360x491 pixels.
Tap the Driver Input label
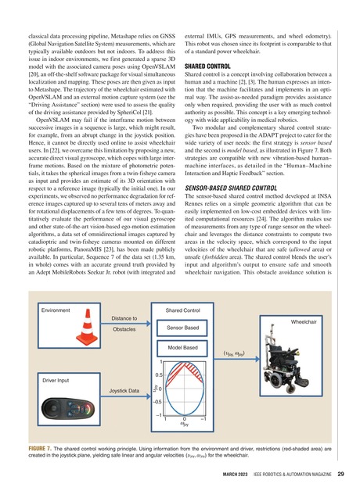coord(57,380)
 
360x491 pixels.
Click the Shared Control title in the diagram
coord(183,310)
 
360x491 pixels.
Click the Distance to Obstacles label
coord(124,324)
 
